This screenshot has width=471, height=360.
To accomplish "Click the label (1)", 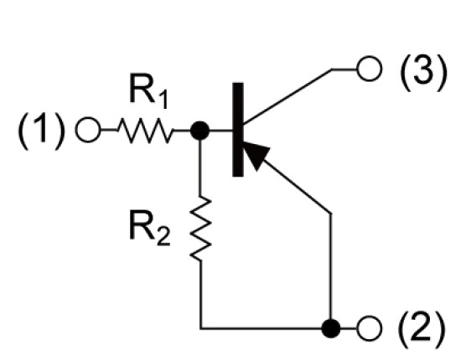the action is click(x=41, y=131).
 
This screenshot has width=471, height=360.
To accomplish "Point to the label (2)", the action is click(x=422, y=328).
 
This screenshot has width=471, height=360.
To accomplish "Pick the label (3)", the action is click(x=423, y=72).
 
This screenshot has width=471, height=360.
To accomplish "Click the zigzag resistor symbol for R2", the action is click(x=200, y=229).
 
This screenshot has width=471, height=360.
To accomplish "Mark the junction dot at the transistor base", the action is click(x=200, y=131).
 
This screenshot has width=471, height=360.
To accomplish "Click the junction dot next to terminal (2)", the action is click(x=331, y=328).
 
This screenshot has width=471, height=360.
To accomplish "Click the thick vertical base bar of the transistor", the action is click(x=238, y=130).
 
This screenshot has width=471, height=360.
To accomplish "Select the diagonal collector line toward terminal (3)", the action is click(x=287, y=96).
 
